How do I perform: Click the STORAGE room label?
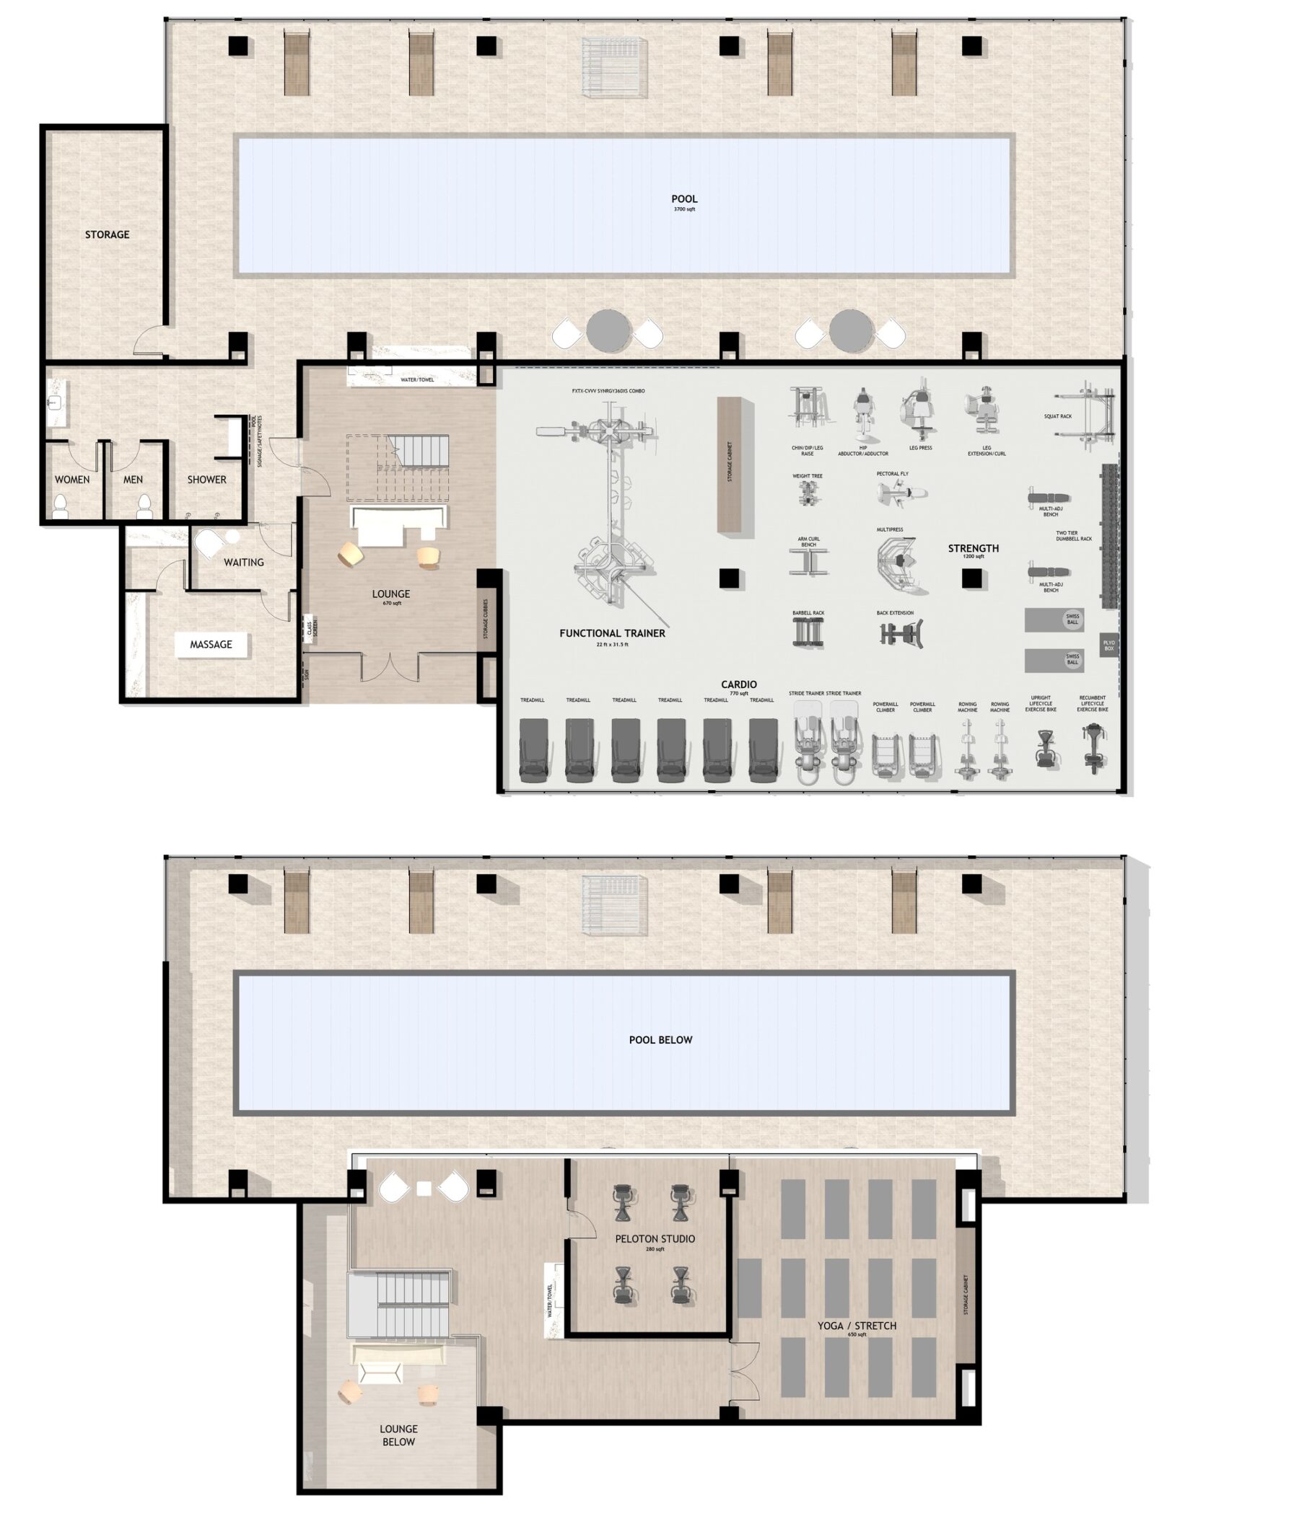click(x=107, y=234)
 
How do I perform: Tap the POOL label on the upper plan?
click(x=683, y=199)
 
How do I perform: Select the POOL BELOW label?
click(x=660, y=1040)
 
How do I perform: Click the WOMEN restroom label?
click(x=72, y=480)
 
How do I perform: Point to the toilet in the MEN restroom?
click(x=145, y=504)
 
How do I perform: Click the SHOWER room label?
click(x=206, y=480)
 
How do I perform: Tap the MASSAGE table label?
click(x=211, y=644)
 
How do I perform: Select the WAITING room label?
click(x=244, y=562)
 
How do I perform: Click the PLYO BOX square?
click(x=1108, y=646)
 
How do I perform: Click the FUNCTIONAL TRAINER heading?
click(x=611, y=633)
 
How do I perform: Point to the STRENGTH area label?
click(x=973, y=549)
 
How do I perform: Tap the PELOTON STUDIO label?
click(x=655, y=1239)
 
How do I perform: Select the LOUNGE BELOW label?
click(x=398, y=1435)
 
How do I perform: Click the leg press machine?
click(x=919, y=412)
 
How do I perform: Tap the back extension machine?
click(x=901, y=633)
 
